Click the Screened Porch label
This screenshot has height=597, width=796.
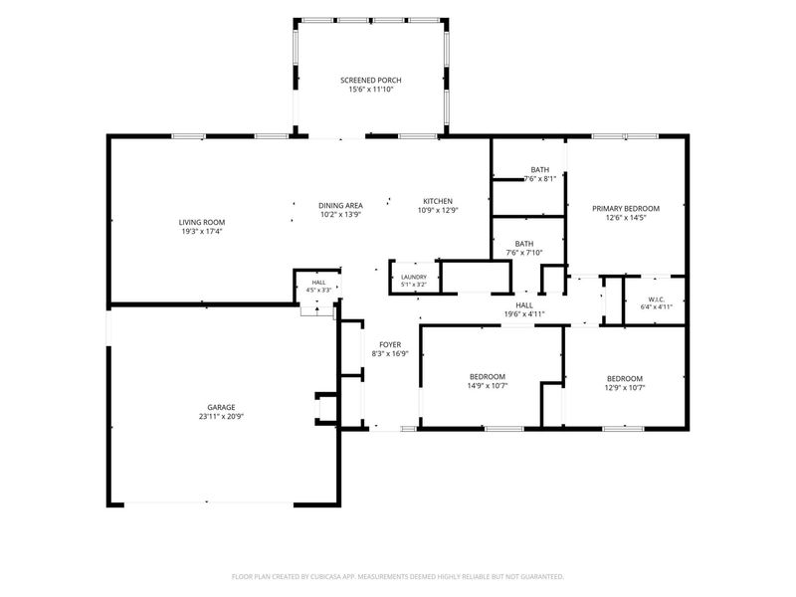pyautogui.click(x=370, y=81)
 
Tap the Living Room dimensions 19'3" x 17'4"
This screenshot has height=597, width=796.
pyautogui.click(x=202, y=232)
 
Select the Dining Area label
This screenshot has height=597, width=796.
pyautogui.click(x=340, y=206)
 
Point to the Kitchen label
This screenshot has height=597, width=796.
pyautogui.click(x=438, y=201)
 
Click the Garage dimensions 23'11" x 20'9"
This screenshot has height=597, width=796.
pyautogui.click(x=221, y=416)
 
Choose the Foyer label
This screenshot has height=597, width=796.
pyautogui.click(x=390, y=344)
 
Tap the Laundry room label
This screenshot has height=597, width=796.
pyautogui.click(x=414, y=278)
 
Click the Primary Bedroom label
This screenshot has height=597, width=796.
pyautogui.click(x=626, y=209)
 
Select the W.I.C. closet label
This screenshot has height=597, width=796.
pyautogui.click(x=657, y=299)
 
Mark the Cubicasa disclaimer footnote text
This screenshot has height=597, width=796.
pyautogui.click(x=397, y=577)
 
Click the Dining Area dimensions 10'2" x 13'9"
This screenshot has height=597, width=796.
pyautogui.click(x=340, y=215)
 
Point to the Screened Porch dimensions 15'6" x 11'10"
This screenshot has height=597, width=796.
pyautogui.click(x=371, y=90)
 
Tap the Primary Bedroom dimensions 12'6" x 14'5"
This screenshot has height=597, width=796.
pyautogui.click(x=626, y=218)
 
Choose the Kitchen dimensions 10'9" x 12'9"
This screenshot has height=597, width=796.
pyautogui.click(x=438, y=210)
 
